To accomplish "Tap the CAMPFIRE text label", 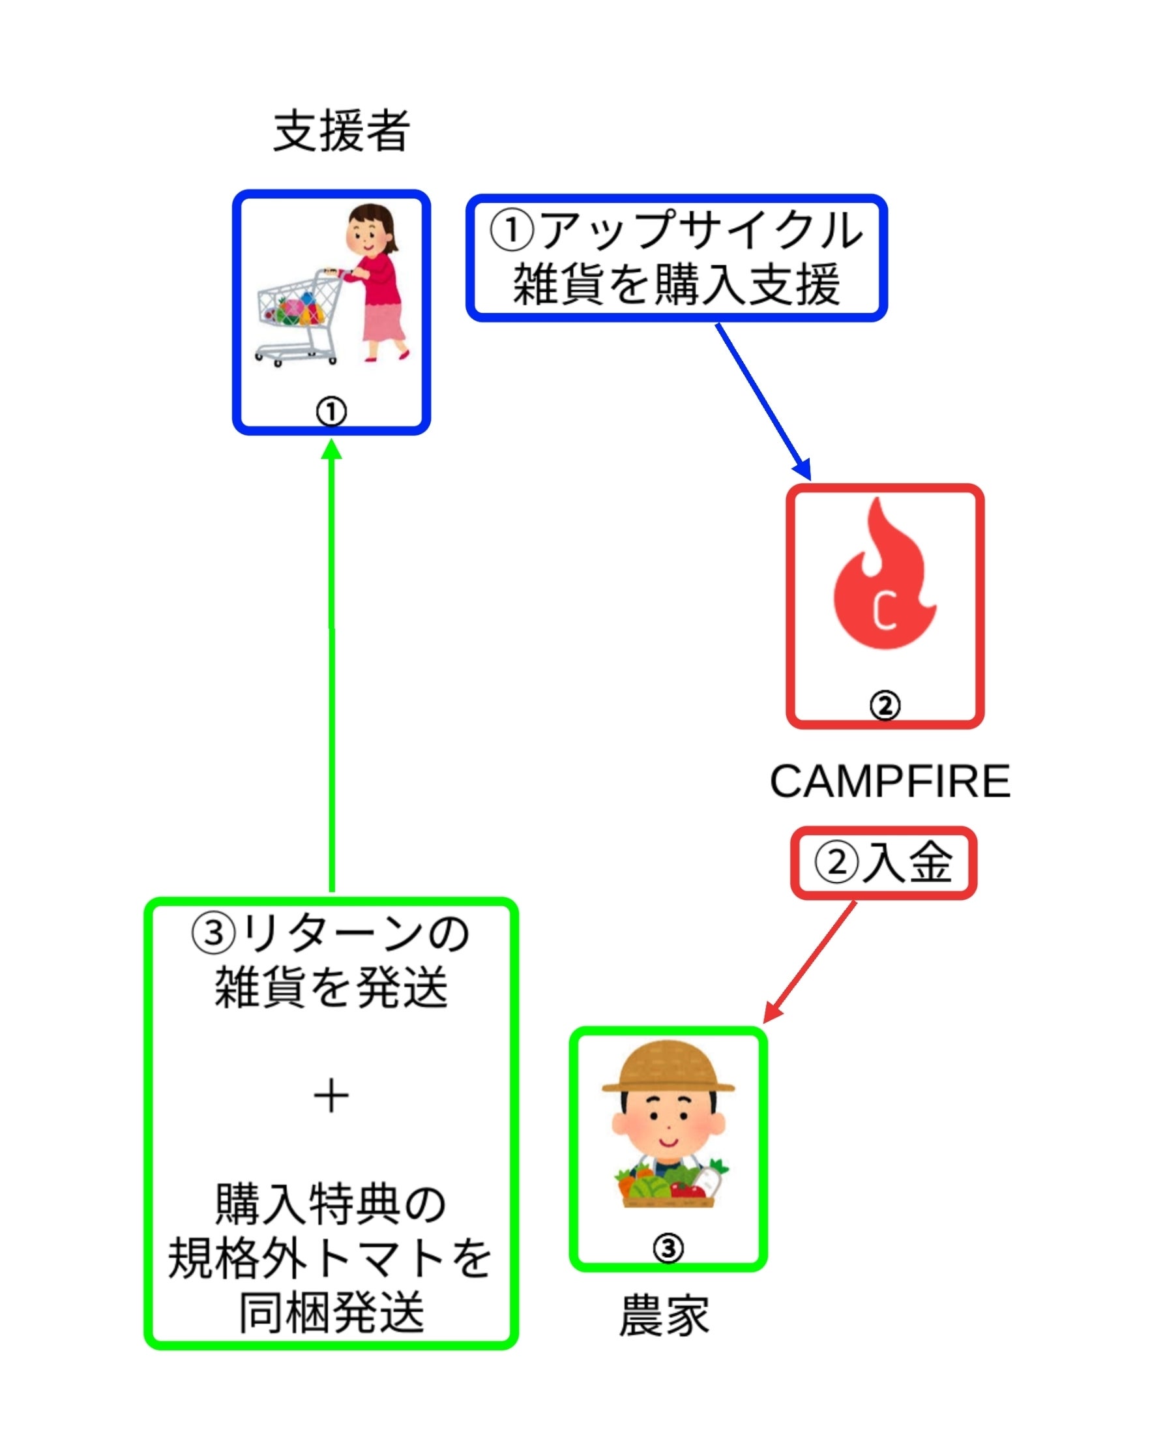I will coord(889,782).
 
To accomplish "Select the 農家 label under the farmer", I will coord(664,1316).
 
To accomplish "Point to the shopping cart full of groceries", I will coord(298,318).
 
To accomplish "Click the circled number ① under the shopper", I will coord(331,411).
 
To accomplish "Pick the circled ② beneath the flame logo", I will coord(885,706).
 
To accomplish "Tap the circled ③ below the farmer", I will coord(668,1249).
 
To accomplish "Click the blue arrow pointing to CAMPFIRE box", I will coord(763,401).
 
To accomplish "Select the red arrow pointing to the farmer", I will coord(810,962).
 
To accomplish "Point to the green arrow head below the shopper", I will coord(331,450).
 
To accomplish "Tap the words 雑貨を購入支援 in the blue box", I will coord(677,285).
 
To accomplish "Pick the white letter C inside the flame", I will coord(884,610).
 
